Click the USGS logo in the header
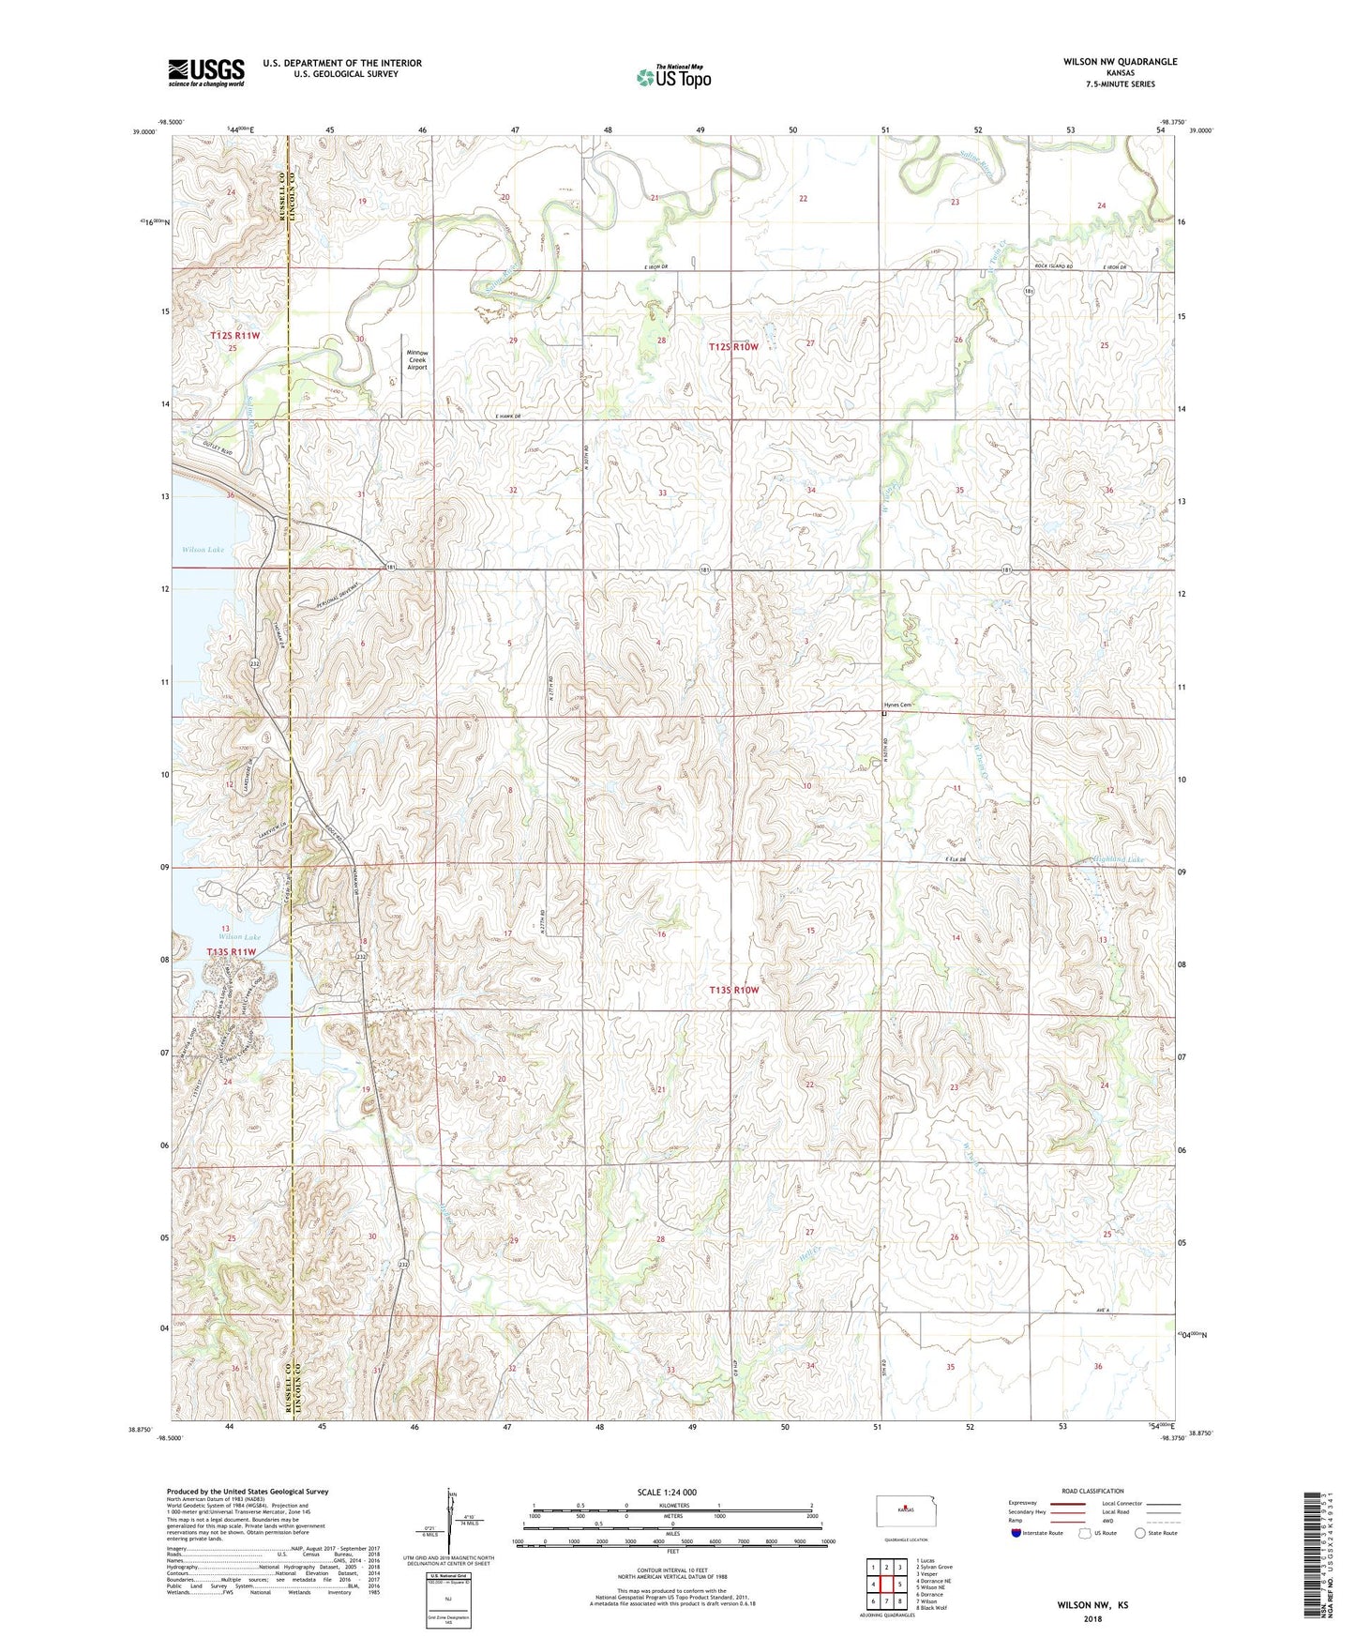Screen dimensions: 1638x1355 tap(206, 72)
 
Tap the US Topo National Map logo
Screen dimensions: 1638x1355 tap(673, 77)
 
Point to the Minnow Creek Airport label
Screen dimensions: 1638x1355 tap(416, 360)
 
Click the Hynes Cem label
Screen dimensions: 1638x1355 tap(897, 705)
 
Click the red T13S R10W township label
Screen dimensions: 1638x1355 tap(733, 990)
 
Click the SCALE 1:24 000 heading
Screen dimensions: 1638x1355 tap(666, 1492)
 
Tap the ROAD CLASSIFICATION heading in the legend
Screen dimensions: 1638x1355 tap(1092, 1491)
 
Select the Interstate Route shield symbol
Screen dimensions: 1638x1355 tap(1017, 1533)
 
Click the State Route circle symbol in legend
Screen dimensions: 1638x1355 tap(1139, 1533)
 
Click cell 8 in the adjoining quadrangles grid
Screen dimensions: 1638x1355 tap(899, 1601)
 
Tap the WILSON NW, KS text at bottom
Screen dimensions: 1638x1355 tap(1092, 1605)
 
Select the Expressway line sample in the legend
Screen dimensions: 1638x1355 tap(1066, 1503)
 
